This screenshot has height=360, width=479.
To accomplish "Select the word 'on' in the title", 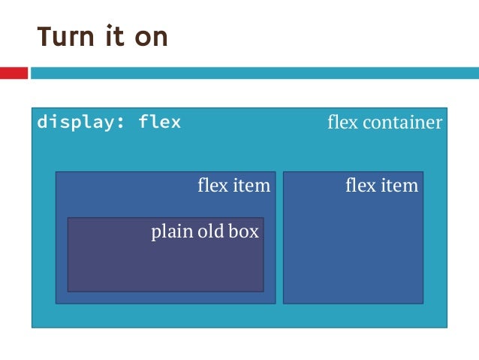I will [x=149, y=38].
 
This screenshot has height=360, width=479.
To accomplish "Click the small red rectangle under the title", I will [x=14, y=73].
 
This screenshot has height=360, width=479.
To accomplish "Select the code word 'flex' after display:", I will [x=159, y=122].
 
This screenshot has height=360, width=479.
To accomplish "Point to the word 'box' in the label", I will [x=244, y=231].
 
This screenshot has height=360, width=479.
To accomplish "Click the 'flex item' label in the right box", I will [x=381, y=185].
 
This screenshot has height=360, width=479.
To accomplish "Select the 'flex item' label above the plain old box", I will [x=233, y=185].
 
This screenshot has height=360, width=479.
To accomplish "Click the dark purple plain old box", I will [x=165, y=267].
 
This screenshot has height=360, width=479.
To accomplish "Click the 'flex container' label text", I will [x=384, y=123].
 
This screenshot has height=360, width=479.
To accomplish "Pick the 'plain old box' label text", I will [x=205, y=231].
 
